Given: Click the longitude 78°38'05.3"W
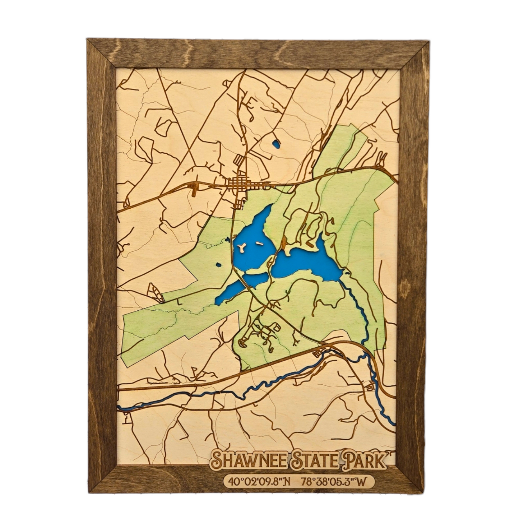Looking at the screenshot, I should [x=335, y=482].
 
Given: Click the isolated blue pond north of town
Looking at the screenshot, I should [x=276, y=144].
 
